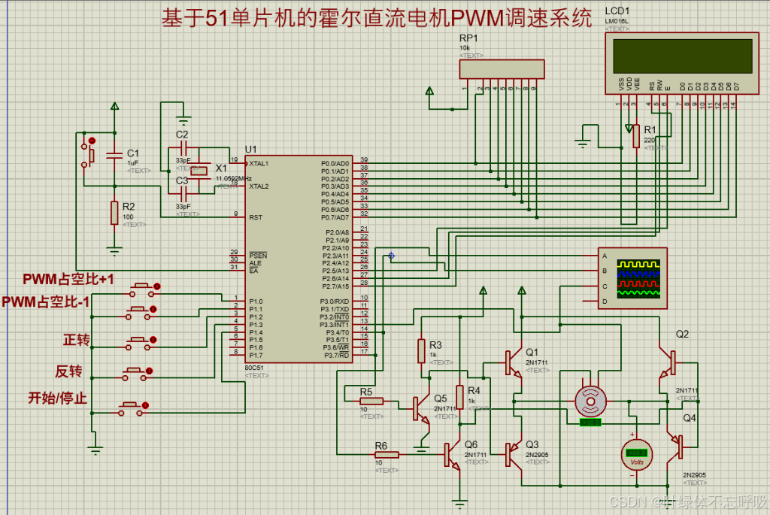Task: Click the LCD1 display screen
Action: (x=682, y=56)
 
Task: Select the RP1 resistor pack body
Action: (x=501, y=69)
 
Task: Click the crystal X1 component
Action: (x=199, y=171)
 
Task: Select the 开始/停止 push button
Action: (x=130, y=408)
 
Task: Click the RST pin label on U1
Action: (x=256, y=217)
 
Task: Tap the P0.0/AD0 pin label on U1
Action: (x=335, y=163)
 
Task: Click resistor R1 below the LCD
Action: (x=636, y=136)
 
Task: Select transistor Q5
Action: (x=420, y=409)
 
